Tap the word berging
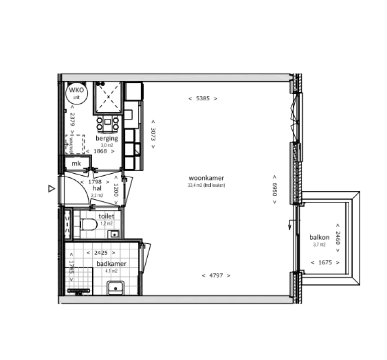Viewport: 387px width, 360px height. [107, 138]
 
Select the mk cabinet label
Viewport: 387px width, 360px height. [76, 164]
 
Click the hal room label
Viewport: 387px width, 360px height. [97, 188]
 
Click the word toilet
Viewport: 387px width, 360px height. [106, 216]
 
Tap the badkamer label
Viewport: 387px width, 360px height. [111, 263]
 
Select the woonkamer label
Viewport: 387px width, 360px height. [206, 178]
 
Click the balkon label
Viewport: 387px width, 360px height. [319, 238]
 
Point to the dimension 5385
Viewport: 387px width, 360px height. [203, 99]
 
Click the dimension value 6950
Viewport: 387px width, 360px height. [275, 189]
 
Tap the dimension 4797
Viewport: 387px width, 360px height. [216, 275]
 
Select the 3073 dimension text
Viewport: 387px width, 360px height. [153, 134]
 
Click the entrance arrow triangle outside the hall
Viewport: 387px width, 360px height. [51, 189]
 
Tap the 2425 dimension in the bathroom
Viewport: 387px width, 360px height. [101, 253]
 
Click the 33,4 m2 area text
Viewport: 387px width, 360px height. [206, 185]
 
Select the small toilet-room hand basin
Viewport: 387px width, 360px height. [115, 233]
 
